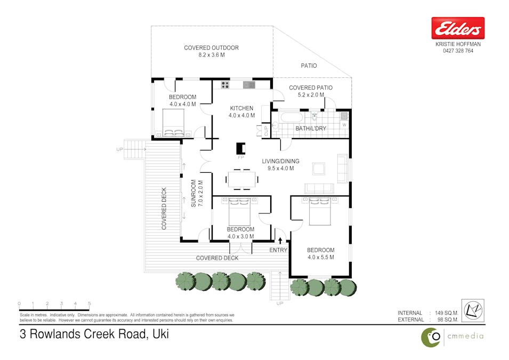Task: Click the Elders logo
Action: click(458, 28)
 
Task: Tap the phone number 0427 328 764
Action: click(458, 51)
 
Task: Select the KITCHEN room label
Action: click(241, 108)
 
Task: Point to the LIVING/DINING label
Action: click(280, 161)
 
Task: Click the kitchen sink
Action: click(249, 84)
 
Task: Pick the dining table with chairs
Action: click(241, 179)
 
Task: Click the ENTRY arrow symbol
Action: click(280, 241)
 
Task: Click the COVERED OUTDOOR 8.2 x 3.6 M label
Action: click(212, 51)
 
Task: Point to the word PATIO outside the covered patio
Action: click(309, 66)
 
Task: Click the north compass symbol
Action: click(472, 310)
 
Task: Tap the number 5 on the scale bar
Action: click(89, 303)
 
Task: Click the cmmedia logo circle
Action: click(432, 337)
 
